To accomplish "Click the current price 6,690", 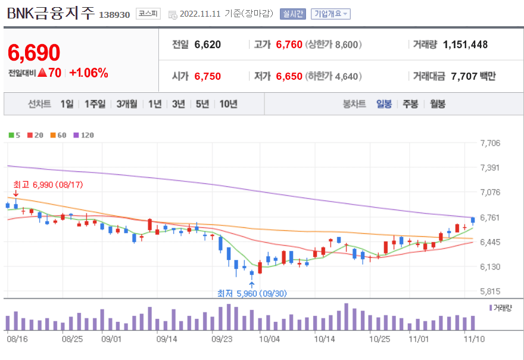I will (x=34, y=53).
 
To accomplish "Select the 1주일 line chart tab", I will (x=95, y=104).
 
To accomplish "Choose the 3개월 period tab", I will (x=127, y=104).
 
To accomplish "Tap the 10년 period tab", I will (x=228, y=104).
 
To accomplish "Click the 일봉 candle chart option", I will (x=384, y=104).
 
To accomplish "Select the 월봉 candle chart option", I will (x=437, y=104).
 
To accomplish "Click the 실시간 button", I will (x=292, y=14).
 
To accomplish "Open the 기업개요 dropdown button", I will (x=331, y=14).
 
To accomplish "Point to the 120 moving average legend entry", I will (x=83, y=135).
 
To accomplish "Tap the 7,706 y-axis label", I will (x=490, y=143).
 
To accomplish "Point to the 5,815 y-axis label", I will (x=490, y=292).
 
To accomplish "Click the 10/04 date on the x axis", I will (x=270, y=339).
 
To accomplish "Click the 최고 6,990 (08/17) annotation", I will (x=48, y=185).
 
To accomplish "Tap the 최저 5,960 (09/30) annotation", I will (x=252, y=293).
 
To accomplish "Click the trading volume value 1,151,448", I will (x=466, y=45).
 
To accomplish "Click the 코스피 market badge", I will (x=146, y=14).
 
